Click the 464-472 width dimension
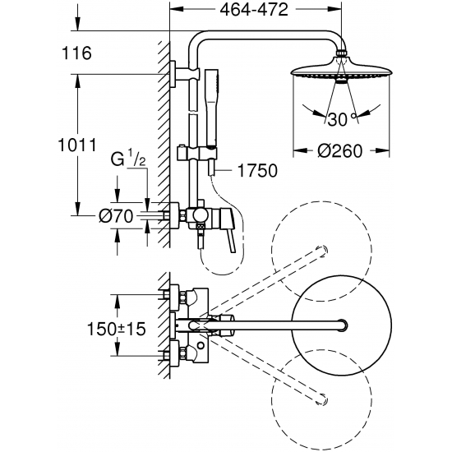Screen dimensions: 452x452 (254, 10)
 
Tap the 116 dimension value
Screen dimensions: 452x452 (76, 53)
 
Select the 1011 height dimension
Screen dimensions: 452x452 (77, 145)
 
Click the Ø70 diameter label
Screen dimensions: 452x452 (116, 215)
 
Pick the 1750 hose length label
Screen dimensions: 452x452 (257, 170)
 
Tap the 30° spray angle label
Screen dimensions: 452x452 (342, 119)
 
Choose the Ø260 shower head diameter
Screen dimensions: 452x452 (340, 150)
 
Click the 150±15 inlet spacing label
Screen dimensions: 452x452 (116, 329)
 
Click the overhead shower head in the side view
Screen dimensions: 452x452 (341, 70)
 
